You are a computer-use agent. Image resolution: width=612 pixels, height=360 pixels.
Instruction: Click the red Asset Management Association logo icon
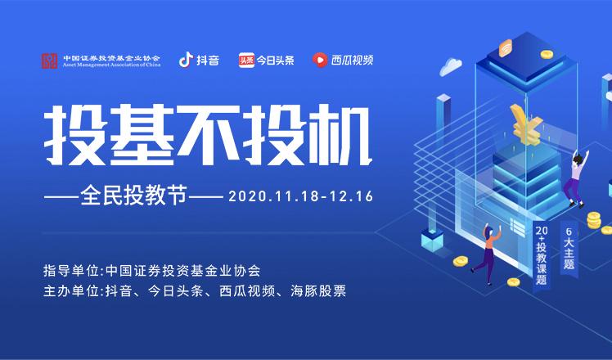[51, 61]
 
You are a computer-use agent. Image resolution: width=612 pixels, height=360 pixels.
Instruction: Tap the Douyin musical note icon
[186, 60]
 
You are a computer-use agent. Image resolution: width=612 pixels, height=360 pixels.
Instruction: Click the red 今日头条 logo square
[245, 60]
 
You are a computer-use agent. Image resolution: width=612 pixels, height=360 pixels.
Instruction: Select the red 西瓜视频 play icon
[319, 60]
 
